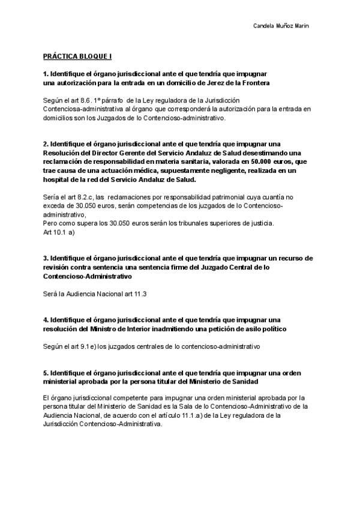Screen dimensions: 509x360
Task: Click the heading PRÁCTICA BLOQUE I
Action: coord(77,56)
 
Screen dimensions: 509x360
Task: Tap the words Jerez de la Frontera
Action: coord(226,82)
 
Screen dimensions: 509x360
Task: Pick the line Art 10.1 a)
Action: coord(58,233)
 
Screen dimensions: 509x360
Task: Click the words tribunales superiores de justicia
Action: coord(232,224)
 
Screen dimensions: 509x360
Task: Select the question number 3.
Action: coord(45,258)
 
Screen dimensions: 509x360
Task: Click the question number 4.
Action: coord(45,320)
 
